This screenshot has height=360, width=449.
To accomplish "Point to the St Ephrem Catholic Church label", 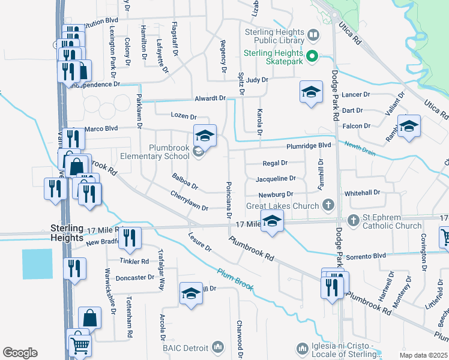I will pyautogui.click(x=392, y=221).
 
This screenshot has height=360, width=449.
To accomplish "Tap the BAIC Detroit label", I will pyautogui.click(x=185, y=347).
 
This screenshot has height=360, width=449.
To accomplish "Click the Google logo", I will pyautogui.click(x=20, y=353).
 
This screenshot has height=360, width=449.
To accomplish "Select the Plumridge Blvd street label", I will pyautogui.click(x=309, y=145).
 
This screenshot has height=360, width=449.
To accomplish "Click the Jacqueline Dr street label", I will pyautogui.click(x=276, y=178).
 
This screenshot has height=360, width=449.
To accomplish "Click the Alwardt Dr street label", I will pyautogui.click(x=209, y=98).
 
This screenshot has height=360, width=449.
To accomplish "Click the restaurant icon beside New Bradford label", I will pyautogui.click(x=130, y=238).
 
